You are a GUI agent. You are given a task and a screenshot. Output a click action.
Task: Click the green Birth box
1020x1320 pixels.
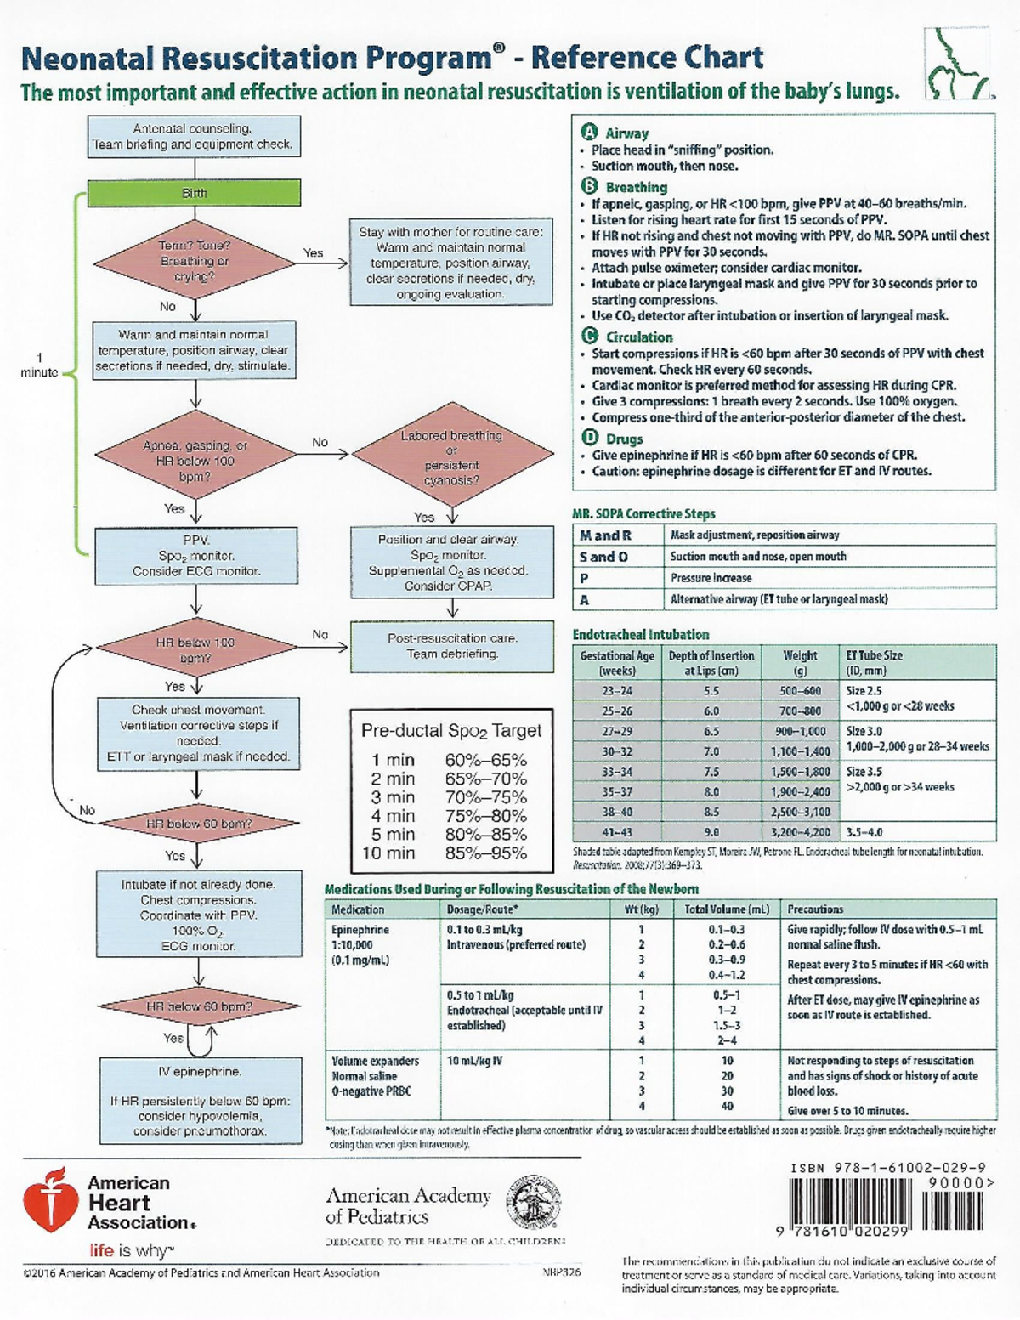[x=195, y=193]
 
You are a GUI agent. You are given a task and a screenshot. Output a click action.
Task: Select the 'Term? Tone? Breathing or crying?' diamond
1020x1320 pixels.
[x=195, y=261]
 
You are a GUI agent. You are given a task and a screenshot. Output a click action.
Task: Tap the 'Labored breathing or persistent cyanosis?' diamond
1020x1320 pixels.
[x=451, y=458]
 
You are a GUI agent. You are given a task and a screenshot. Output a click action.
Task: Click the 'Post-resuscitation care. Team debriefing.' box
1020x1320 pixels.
[x=451, y=646]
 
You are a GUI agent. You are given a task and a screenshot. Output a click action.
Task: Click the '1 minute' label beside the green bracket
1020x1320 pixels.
[x=39, y=365]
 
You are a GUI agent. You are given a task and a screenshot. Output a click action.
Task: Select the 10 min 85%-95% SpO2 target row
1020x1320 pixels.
[x=444, y=853]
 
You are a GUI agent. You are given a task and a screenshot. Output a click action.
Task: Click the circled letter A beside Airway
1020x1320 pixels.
[x=588, y=133]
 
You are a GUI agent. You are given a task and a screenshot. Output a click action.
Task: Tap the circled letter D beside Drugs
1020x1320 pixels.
[x=588, y=439]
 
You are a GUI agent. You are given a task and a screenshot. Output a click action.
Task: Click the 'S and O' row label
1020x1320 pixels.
[x=604, y=557]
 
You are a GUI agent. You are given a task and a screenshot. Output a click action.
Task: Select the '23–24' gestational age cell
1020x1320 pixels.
[x=617, y=691]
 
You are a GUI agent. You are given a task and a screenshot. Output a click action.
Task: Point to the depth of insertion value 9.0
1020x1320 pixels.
[x=711, y=833]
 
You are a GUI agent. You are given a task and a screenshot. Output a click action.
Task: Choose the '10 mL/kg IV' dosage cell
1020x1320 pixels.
[x=475, y=1062]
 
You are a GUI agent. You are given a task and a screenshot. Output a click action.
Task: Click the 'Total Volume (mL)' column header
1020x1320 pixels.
[x=727, y=909]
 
